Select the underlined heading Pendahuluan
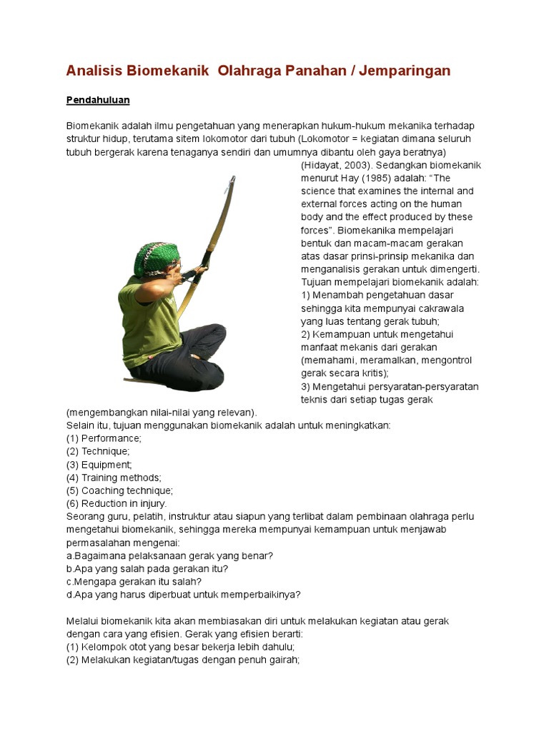[98, 99]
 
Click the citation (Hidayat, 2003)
[332, 165]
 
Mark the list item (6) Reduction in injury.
[117, 503]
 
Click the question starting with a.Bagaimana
[169, 555]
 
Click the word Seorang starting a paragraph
[85, 516]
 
